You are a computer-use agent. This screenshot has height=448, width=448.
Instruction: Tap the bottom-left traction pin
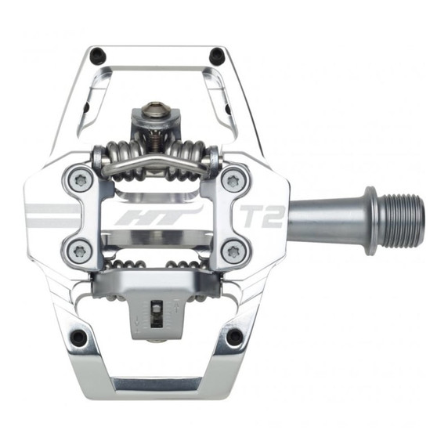pos(78,338)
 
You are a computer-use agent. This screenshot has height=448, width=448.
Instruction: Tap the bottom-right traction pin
pos(233,338)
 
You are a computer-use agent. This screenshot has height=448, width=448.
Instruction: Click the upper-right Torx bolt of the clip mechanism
pos(233,181)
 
